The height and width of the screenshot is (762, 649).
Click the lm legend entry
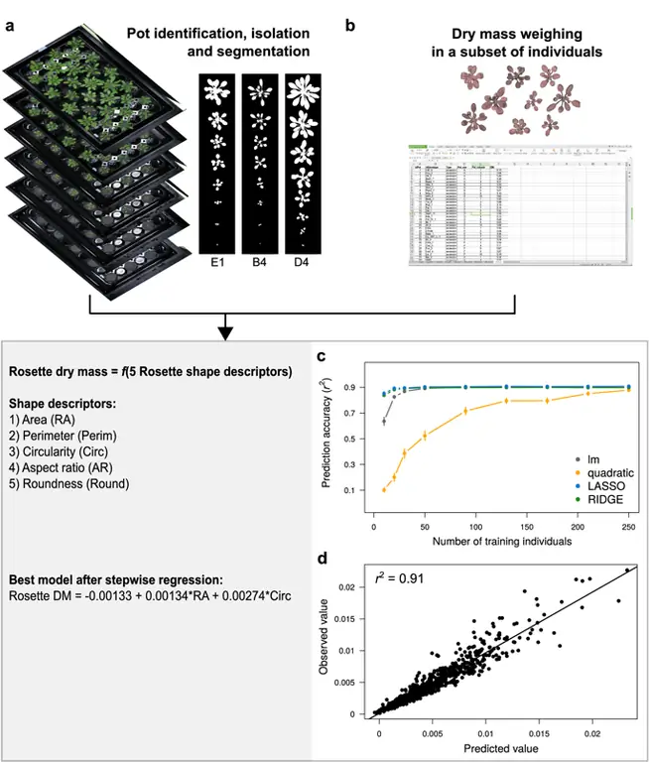tap(586, 457)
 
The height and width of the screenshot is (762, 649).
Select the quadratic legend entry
tap(600, 474)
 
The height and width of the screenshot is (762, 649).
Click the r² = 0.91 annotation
tap(401, 574)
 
